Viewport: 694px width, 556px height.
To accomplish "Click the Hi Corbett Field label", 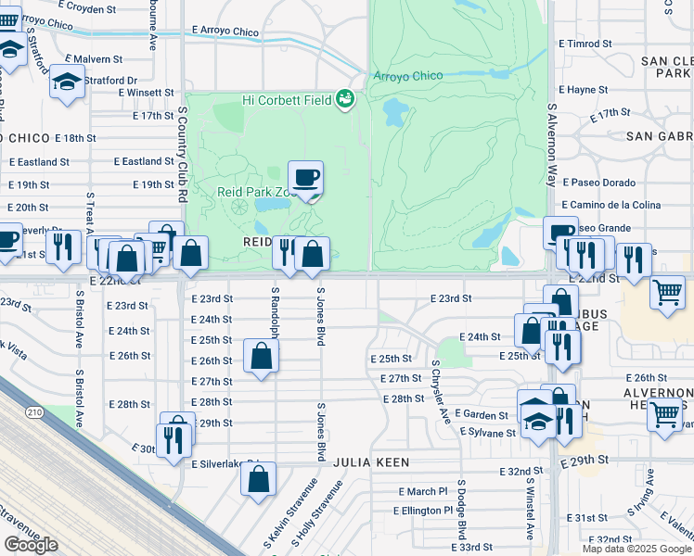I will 286,99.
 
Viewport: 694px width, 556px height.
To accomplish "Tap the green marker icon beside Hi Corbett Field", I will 345,98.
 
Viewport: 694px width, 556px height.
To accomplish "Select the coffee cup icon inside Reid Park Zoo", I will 306,177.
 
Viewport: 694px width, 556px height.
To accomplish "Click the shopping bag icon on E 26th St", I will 262,355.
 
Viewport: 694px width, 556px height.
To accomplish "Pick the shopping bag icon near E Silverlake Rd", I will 258,479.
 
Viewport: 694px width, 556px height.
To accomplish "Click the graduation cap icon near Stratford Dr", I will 67,81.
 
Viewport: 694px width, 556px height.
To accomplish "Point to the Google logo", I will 31,544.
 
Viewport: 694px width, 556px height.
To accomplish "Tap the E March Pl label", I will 422,491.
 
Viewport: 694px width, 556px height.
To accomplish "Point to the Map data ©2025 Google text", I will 636,549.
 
